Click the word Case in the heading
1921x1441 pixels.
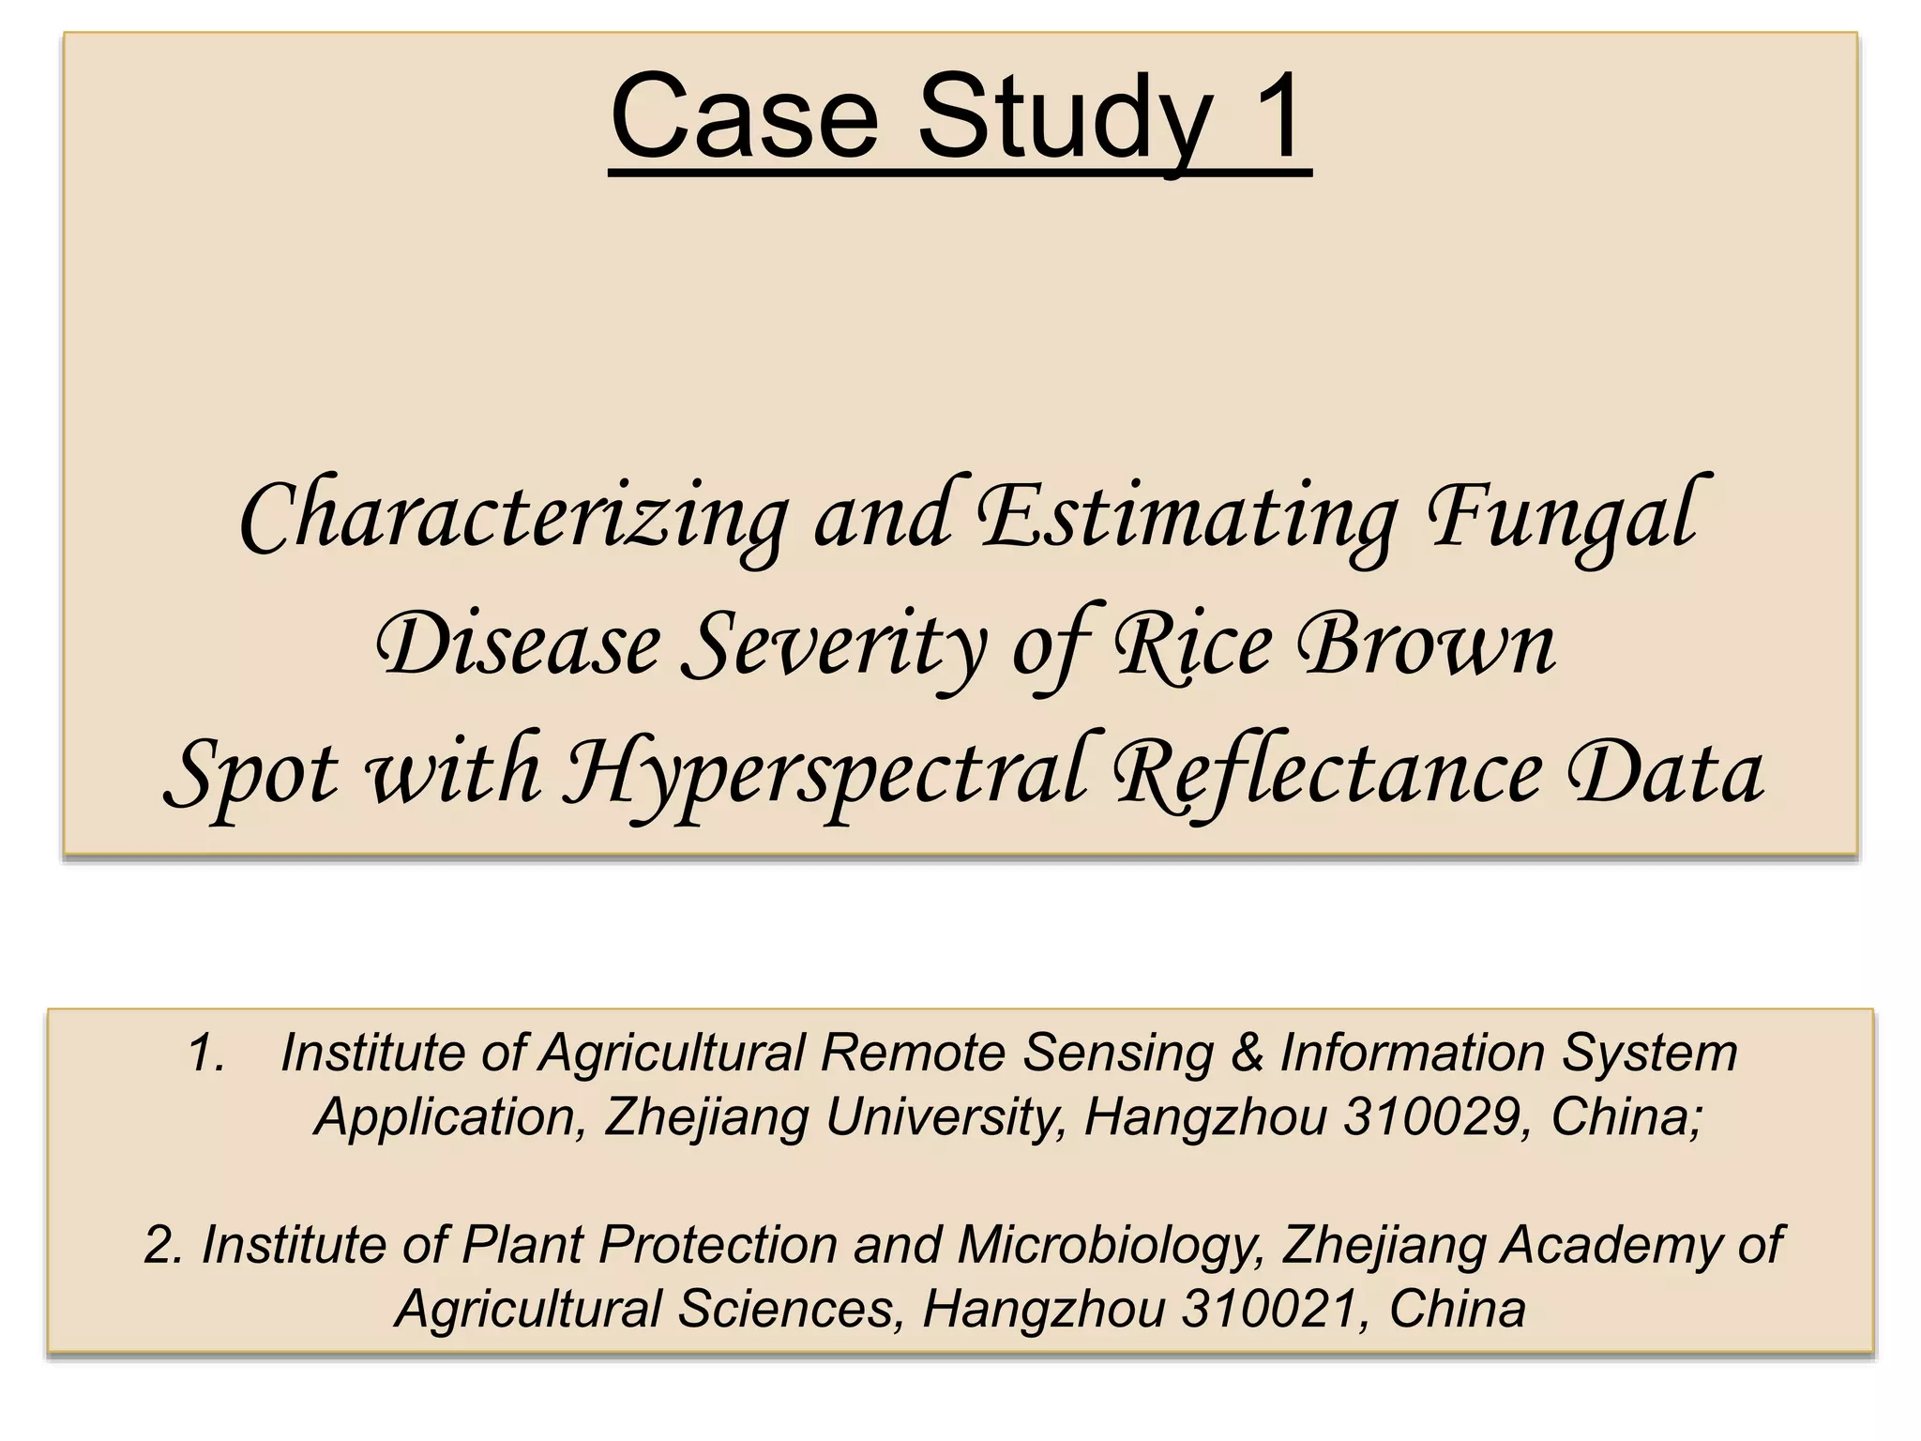point(744,119)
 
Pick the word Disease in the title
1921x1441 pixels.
point(518,646)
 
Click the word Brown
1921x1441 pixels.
point(1430,646)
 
